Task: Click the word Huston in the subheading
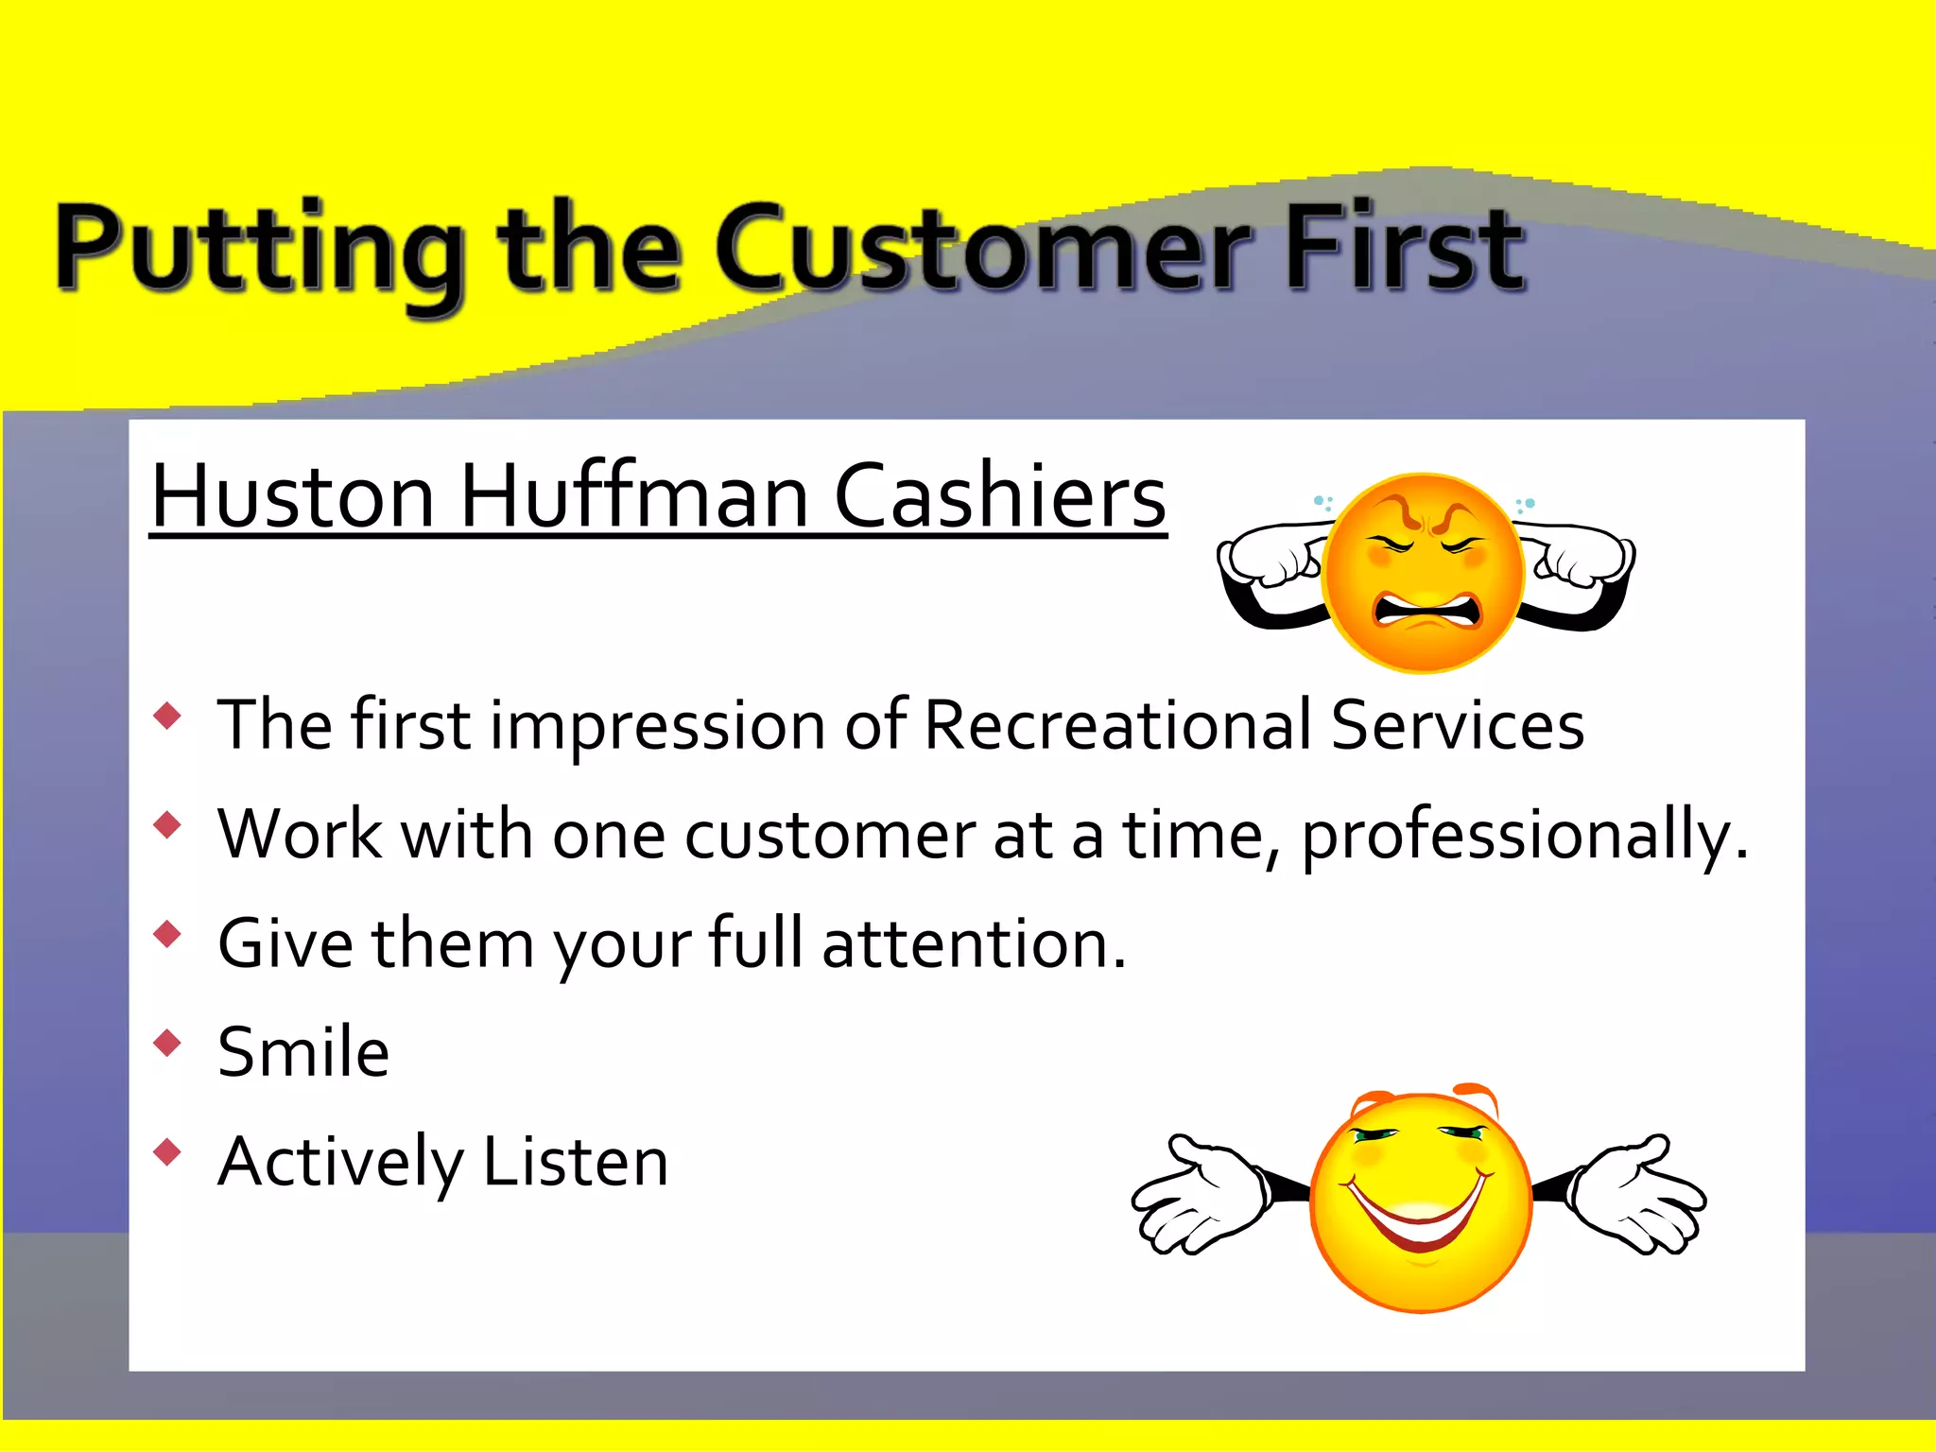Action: click(293, 496)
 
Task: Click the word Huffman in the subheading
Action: click(633, 496)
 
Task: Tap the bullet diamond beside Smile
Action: click(167, 1043)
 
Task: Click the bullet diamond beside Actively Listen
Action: click(167, 1151)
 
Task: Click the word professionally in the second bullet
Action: click(1522, 836)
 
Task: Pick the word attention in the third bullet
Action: click(974, 943)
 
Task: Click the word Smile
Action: click(302, 1052)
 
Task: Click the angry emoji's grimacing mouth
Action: click(1427, 611)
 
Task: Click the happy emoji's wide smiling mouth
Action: click(1418, 1215)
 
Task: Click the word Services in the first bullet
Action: click(1457, 726)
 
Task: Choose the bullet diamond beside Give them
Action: click(167, 934)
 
